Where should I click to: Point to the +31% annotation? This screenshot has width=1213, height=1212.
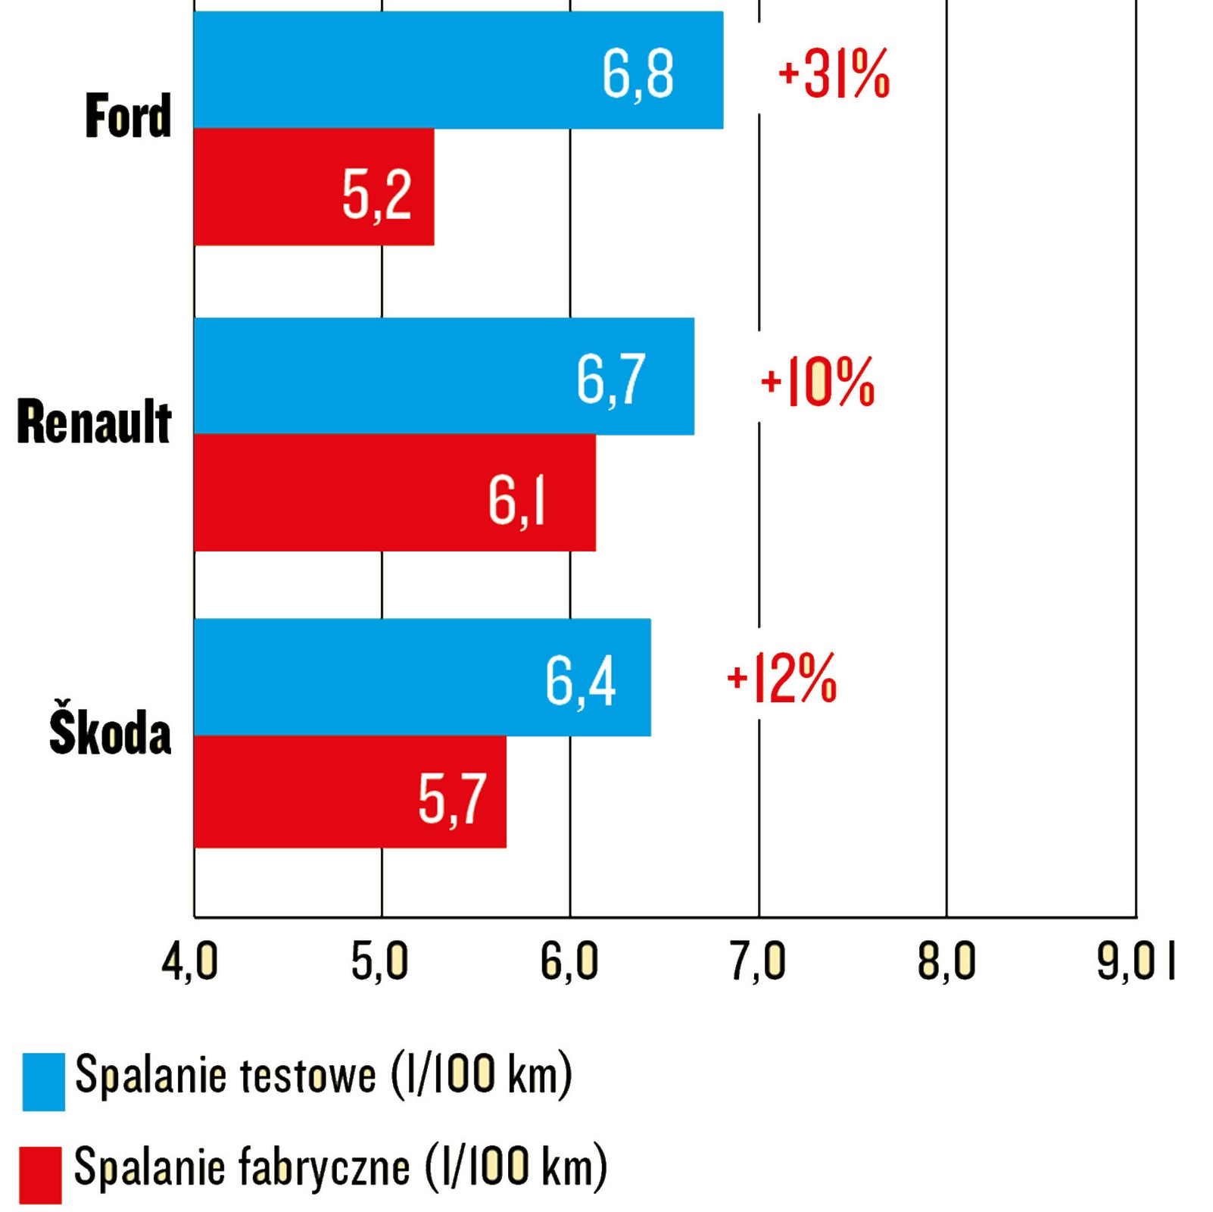[834, 73]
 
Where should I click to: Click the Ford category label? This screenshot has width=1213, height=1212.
[128, 117]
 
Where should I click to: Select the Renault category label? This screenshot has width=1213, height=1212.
[94, 422]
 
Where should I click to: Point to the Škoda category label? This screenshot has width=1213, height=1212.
[110, 733]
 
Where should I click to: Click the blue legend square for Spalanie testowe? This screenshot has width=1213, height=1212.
[43, 1081]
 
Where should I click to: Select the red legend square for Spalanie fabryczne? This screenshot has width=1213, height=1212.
[40, 1175]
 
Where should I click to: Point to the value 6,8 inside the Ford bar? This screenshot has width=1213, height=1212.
[638, 74]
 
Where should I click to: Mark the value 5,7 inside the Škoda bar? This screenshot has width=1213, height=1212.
[452, 799]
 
